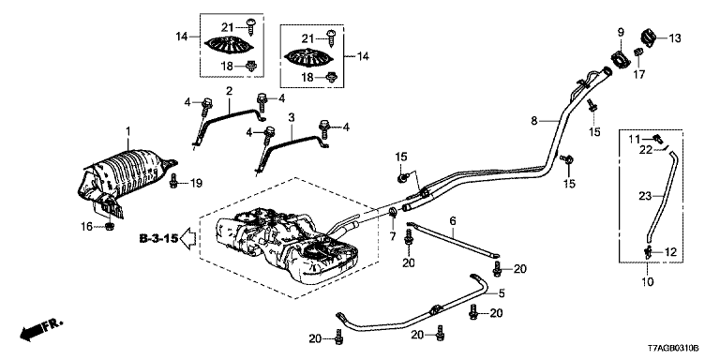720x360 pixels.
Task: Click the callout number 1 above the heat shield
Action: [128, 132]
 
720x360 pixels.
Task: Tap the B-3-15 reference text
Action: [158, 238]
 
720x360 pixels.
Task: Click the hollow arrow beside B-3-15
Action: [187, 238]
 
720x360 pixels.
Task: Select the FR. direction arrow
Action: [40, 330]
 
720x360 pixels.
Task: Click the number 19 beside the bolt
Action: [197, 183]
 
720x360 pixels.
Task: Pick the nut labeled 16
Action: [110, 225]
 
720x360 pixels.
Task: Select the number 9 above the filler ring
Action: [621, 32]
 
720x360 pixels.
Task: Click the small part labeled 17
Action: [637, 53]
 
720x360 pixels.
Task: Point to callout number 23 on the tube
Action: [644, 196]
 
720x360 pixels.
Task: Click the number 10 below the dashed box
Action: [647, 280]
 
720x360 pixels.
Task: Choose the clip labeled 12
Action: [649, 251]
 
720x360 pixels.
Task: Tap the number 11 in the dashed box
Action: [634, 139]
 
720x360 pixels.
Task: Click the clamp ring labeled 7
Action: [393, 212]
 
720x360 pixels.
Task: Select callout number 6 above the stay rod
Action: [453, 221]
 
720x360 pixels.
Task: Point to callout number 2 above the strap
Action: [229, 91]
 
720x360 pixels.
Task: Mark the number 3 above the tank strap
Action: [291, 117]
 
